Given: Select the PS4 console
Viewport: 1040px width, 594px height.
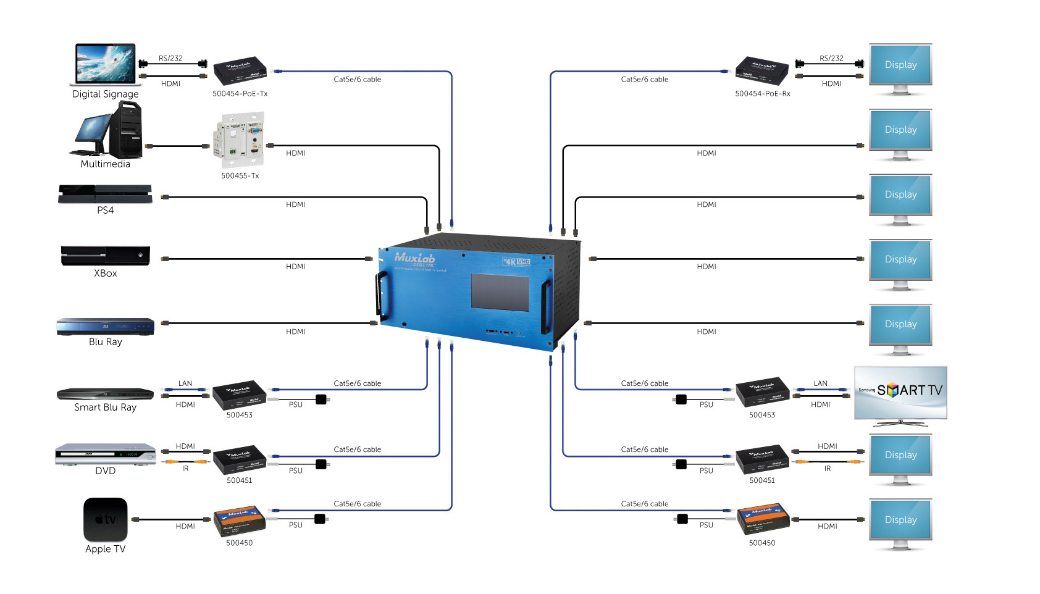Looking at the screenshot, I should point(105,194).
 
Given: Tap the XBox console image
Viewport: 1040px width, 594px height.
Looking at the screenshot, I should point(105,255).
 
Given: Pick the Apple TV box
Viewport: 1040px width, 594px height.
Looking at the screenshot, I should point(106,519).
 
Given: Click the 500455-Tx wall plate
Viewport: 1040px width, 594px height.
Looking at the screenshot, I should point(240,141).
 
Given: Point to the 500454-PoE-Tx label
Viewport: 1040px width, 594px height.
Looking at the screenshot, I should point(240,94).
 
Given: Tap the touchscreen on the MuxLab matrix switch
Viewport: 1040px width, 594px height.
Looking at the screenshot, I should point(500,292).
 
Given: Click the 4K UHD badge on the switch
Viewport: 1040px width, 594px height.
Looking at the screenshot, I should point(516,261).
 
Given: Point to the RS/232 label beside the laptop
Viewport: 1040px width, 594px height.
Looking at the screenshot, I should point(170,58).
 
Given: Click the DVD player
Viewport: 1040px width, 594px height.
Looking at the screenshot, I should point(105,454).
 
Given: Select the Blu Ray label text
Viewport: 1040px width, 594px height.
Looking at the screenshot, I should point(106,341).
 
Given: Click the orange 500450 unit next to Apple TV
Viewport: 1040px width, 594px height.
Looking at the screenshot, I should point(240,522).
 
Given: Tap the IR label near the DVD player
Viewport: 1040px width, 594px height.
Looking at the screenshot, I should point(185,469).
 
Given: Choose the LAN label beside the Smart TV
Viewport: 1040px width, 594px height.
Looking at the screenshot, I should point(820,383).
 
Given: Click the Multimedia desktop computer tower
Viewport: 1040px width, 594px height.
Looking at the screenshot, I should point(125,130).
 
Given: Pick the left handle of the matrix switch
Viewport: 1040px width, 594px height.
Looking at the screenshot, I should point(379,296).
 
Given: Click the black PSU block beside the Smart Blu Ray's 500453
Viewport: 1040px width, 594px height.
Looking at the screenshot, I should point(321,399).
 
